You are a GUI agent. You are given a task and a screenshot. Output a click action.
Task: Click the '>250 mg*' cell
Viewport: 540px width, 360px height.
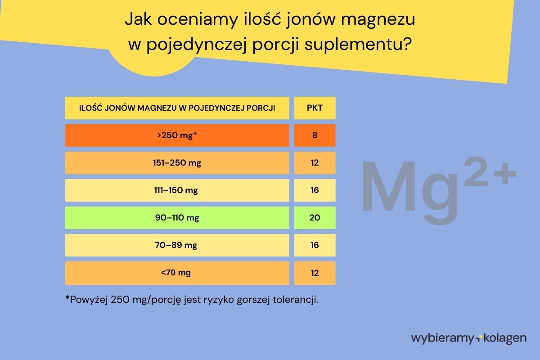coord(177,135)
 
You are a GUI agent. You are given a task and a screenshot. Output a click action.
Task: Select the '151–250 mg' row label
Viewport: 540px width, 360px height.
coord(177,163)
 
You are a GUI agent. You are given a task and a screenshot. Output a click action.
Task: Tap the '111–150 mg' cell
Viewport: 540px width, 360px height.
coord(177,190)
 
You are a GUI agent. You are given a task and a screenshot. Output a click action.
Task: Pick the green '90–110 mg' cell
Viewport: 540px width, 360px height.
coord(177,218)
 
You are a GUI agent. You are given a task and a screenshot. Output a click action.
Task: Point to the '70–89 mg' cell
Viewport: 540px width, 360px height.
coord(177,245)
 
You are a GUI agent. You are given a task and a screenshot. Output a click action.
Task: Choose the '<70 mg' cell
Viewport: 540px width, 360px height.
coord(177,273)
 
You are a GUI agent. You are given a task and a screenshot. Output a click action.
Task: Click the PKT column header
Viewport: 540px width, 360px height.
coord(315,108)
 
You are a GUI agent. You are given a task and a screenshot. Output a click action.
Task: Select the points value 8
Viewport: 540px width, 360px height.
coord(315,135)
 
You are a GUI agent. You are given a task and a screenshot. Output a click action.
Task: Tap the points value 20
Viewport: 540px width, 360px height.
coord(315,218)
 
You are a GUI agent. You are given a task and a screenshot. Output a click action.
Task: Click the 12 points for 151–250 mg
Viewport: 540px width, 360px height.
coord(315,163)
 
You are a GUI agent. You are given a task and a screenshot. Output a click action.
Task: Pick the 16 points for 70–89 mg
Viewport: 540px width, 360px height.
coord(315,245)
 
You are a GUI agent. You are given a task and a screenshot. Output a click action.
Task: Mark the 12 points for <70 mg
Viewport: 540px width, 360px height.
coord(315,273)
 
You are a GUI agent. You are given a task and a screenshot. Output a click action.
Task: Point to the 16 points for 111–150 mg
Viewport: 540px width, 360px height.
coord(315,190)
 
